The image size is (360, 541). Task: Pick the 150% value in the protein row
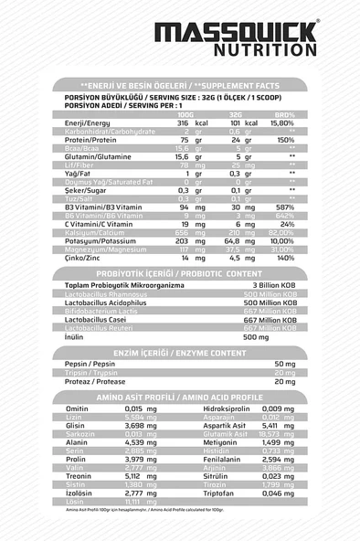pyautogui.click(x=285, y=139)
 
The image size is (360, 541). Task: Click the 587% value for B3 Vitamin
pyautogui.click(x=284, y=207)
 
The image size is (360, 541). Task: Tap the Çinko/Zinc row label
pyautogui.click(x=84, y=259)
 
